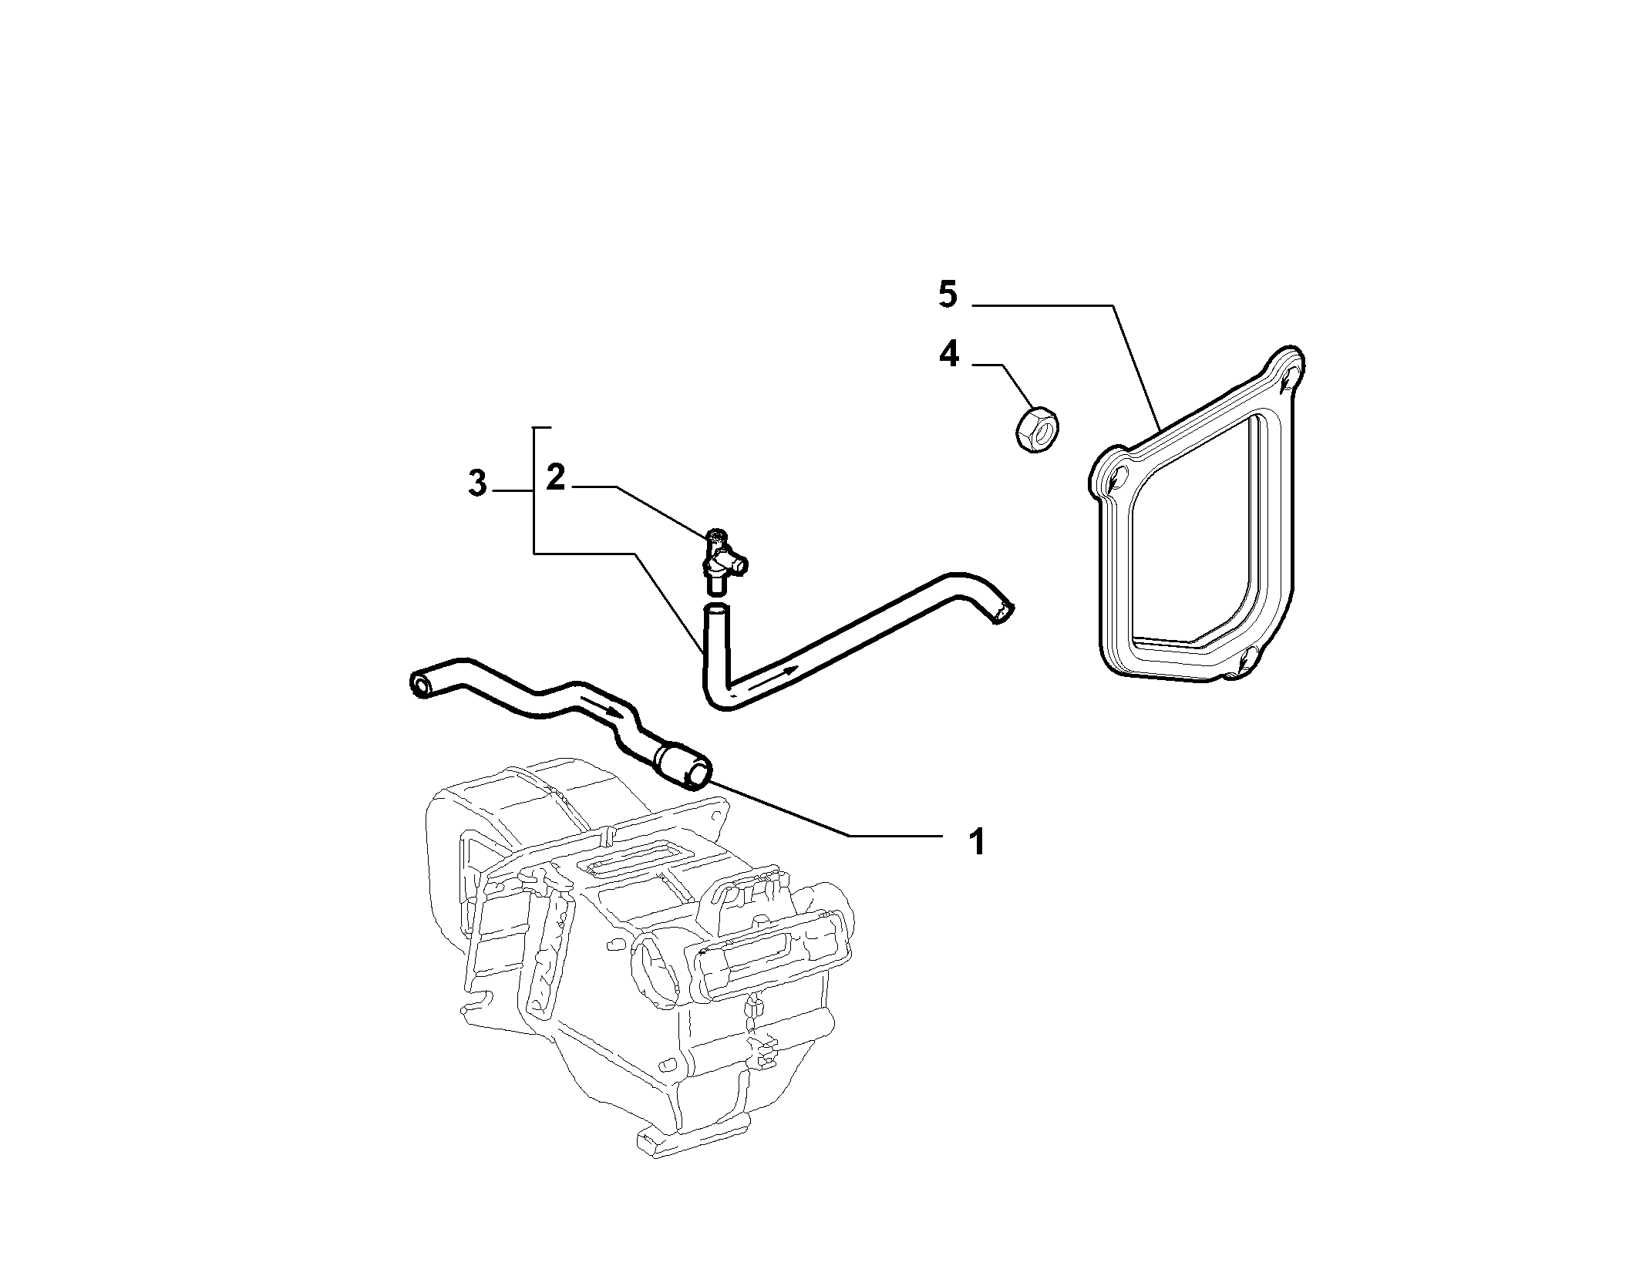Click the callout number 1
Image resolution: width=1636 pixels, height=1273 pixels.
(x=977, y=841)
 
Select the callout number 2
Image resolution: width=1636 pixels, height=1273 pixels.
(x=556, y=478)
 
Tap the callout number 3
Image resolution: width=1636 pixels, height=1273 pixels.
(x=478, y=484)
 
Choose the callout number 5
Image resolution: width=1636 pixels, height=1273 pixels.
(x=948, y=295)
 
